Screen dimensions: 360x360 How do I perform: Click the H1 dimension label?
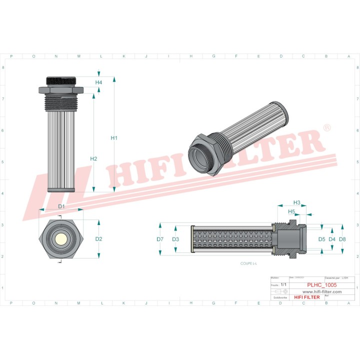[114, 138]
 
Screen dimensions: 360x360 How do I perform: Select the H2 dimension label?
[93, 158]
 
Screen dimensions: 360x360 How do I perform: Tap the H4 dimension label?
[98, 82]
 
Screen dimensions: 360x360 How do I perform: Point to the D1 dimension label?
[61, 206]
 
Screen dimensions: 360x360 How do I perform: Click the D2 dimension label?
[98, 239]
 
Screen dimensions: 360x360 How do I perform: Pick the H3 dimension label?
[296, 202]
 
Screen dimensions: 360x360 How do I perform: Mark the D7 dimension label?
[160, 239]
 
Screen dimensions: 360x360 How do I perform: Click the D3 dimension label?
[175, 239]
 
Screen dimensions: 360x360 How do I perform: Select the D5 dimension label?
[321, 239]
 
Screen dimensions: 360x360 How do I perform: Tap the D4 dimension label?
[332, 239]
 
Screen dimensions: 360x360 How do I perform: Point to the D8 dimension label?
[342, 239]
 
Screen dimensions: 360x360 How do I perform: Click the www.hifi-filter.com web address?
[321, 291]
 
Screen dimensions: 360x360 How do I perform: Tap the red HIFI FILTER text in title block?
[306, 297]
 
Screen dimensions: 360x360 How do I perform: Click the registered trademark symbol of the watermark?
[327, 128]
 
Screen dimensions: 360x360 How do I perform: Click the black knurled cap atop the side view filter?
[60, 80]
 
